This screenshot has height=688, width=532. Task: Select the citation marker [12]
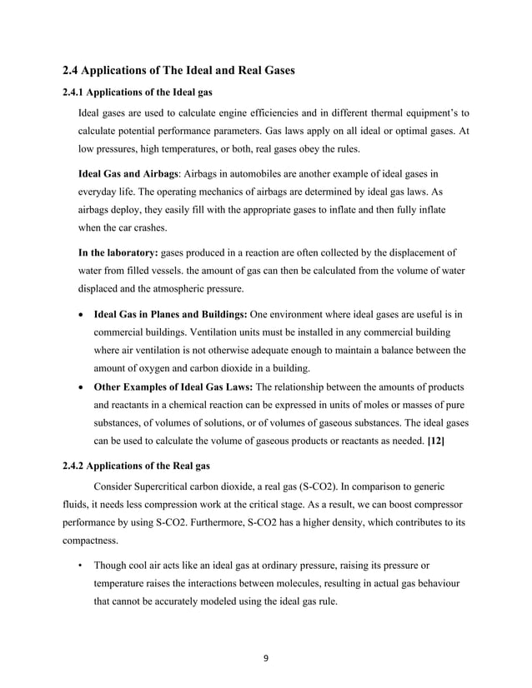pyautogui.click(x=435, y=441)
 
